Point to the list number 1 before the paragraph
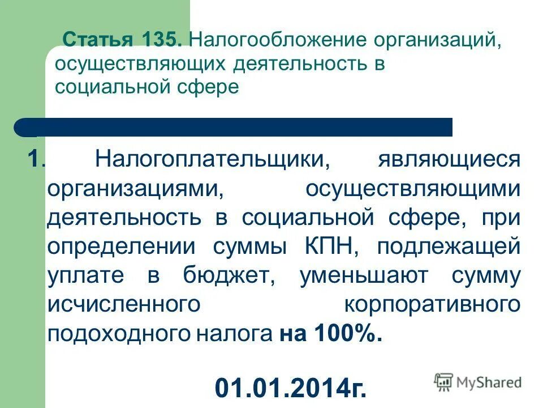(x=35, y=159)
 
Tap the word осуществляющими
(x=412, y=188)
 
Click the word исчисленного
(x=125, y=305)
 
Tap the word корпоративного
(x=433, y=305)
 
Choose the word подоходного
(x=119, y=334)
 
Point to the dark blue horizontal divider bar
(x=234, y=127)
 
